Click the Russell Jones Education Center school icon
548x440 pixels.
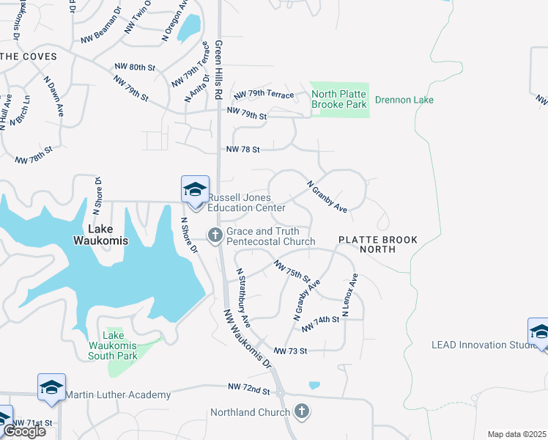196,189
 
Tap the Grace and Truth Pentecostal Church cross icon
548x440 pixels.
215,235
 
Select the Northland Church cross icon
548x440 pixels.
301,411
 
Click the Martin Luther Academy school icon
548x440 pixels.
52,387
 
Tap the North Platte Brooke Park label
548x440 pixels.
339,99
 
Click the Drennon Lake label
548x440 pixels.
404,100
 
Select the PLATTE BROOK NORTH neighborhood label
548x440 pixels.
377,244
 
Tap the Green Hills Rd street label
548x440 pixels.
218,70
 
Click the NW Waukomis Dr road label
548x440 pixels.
248,338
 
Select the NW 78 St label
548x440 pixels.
243,150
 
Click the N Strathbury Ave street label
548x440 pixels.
243,297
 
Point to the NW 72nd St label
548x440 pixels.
249,386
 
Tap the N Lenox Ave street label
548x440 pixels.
350,295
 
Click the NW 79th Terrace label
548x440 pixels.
264,95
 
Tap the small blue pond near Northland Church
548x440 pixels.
314,385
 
